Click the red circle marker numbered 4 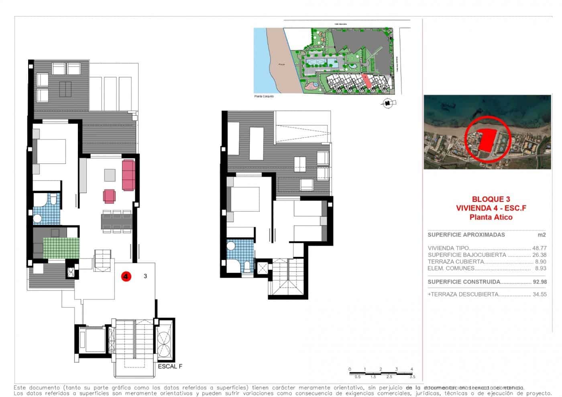tap(126, 276)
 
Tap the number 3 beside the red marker tap(145, 276)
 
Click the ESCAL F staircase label tap(170, 366)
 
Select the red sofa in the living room tap(128, 175)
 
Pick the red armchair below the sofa tap(109, 196)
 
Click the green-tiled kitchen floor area tap(61, 248)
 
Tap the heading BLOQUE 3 tap(491, 199)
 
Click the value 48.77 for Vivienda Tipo tap(539, 248)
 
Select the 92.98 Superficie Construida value tap(539, 282)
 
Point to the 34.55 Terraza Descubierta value tap(539, 294)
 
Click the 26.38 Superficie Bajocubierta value tap(539, 255)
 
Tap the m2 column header tap(542, 235)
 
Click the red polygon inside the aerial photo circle tap(486, 140)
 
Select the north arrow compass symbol tap(387, 104)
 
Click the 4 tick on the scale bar tap(411, 369)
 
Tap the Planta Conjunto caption tap(264, 96)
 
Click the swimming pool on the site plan tap(321, 62)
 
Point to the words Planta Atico tap(491, 217)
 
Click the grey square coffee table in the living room tap(110, 175)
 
